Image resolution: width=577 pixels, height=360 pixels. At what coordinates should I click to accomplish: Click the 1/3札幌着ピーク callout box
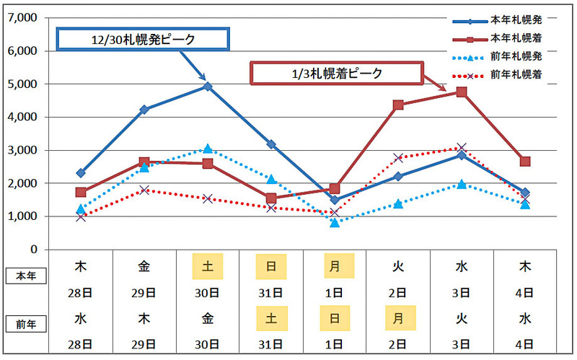coord(335,74)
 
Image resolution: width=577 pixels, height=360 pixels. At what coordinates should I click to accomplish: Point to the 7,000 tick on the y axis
coord(24,18)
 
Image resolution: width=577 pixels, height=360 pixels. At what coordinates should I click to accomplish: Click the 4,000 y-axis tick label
coord(24,117)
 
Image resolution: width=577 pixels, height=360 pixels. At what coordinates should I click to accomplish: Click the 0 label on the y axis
coord(34,250)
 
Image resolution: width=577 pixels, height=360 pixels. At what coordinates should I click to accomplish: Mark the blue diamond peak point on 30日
coord(208,87)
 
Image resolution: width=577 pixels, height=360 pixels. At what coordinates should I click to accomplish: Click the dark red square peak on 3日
coord(462,92)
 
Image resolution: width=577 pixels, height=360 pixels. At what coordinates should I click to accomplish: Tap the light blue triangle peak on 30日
coord(208,149)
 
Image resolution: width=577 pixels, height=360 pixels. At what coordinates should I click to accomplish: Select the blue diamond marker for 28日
coord(81,173)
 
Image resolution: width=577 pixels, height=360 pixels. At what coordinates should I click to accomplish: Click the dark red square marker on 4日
coord(525,162)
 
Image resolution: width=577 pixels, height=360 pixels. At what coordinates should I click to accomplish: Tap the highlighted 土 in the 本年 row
coord(208,266)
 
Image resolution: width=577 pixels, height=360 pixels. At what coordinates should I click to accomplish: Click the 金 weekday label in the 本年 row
coord(144,266)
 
